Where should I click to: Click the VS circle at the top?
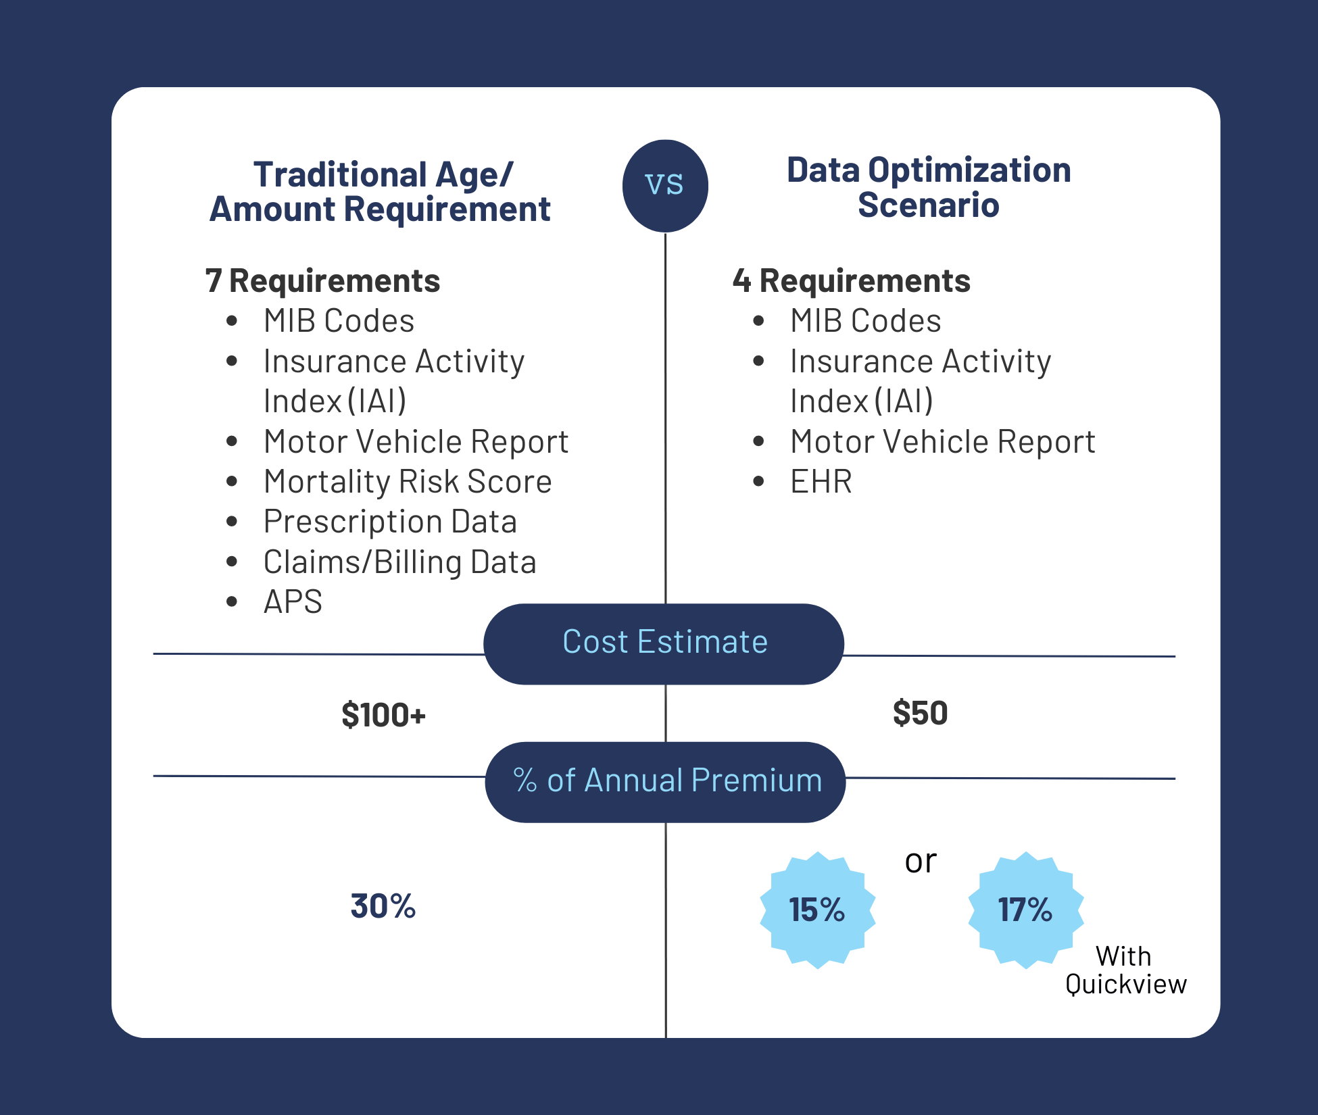coord(665,185)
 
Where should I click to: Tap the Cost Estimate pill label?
coord(664,643)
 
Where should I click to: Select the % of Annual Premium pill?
coord(666,781)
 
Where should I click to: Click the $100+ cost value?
coord(383,715)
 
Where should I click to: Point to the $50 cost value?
coord(920,714)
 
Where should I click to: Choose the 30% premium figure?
coord(383,906)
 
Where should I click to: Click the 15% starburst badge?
coord(817,910)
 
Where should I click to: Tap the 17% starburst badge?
coord(1025,910)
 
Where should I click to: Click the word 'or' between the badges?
coord(921,862)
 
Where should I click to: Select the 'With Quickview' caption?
coord(1125,970)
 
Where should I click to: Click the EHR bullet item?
coord(821,482)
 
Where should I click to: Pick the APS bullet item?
coord(293,602)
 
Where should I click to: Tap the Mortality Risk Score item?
coord(408,482)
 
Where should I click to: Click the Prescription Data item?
coord(390,522)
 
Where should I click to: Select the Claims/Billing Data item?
coord(399,562)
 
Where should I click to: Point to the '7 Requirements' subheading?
coord(322,281)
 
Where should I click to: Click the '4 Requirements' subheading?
coord(851,281)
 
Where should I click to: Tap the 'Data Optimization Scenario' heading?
coord(929,187)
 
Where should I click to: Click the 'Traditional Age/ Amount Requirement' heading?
coord(381,192)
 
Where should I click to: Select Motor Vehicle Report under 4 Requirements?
coord(942,442)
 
